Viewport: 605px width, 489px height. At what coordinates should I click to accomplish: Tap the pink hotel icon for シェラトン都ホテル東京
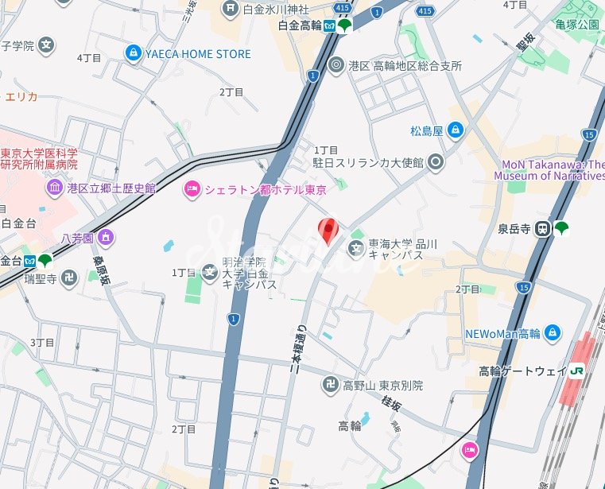[191, 188]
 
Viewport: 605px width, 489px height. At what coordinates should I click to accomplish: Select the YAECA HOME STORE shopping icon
[133, 53]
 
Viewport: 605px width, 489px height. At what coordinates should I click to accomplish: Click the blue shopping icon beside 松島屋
[455, 130]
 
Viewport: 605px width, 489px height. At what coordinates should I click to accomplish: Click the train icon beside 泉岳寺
[543, 228]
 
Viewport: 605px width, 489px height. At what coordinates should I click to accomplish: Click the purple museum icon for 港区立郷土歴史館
[54, 188]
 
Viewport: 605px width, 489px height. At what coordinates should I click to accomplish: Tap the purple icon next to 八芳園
[106, 238]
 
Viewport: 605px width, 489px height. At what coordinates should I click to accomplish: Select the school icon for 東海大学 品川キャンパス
[356, 250]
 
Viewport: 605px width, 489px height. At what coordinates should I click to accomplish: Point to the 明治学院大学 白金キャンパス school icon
[209, 273]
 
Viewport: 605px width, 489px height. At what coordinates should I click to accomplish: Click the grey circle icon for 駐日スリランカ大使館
[435, 162]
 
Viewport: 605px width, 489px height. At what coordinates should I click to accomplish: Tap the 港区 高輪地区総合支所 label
[405, 66]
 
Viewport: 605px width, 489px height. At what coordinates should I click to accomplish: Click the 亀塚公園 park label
[577, 24]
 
